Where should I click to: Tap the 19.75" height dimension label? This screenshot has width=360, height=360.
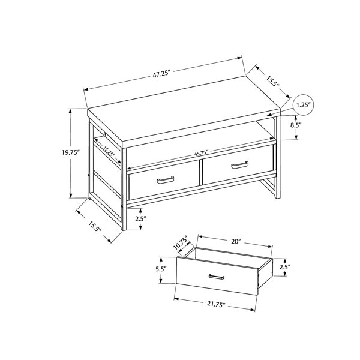click(70, 153)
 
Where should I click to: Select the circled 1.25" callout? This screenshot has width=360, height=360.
click(303, 105)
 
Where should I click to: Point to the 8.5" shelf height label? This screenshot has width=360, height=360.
click(296, 125)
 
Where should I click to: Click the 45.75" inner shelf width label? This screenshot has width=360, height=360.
click(200, 153)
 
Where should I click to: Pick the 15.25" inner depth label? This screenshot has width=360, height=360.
click(108, 151)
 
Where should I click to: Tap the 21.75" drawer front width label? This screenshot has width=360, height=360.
click(215, 304)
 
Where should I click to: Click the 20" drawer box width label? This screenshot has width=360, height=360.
click(235, 241)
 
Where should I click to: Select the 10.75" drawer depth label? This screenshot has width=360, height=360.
click(181, 243)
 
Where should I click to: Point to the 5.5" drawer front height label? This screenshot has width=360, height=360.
click(161, 269)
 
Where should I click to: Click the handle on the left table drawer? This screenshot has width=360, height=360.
click(166, 180)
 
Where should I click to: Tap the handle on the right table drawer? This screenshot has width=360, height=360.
click(239, 164)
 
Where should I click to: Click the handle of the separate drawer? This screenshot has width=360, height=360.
click(217, 277)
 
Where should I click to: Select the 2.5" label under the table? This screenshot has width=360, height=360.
click(140, 219)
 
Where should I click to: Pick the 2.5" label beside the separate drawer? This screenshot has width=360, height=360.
click(285, 267)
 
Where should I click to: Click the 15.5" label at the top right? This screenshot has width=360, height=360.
click(272, 81)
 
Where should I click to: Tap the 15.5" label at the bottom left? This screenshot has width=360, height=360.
click(94, 226)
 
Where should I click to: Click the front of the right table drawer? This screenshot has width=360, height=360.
click(238, 164)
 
